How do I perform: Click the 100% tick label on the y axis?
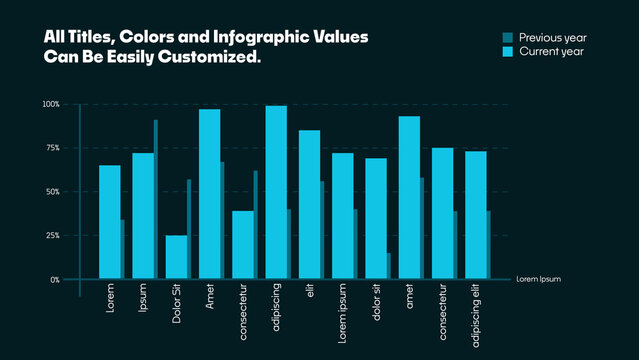[51, 104]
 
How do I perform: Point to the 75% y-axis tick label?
[52, 148]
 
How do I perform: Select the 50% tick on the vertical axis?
[52, 192]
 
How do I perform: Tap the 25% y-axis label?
[52, 236]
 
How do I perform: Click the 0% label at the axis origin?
[54, 280]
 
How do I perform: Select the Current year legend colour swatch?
[507, 51]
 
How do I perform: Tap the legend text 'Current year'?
[551, 51]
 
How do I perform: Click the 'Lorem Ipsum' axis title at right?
[538, 280]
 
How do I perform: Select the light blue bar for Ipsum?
[143, 216]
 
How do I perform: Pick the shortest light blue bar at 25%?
[176, 257]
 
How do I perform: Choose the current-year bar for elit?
[309, 205]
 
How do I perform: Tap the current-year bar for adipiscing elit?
[476, 215]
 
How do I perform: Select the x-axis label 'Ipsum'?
[143, 301]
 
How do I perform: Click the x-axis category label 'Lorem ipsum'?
[343, 313]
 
